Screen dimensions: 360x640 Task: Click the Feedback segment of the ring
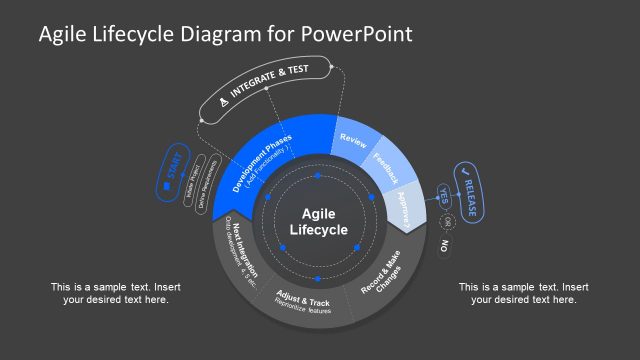click(385, 166)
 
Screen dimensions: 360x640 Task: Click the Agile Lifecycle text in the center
click(318, 222)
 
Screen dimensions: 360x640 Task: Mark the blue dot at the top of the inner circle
click(318, 176)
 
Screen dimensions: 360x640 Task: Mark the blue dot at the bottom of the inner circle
click(318, 278)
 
